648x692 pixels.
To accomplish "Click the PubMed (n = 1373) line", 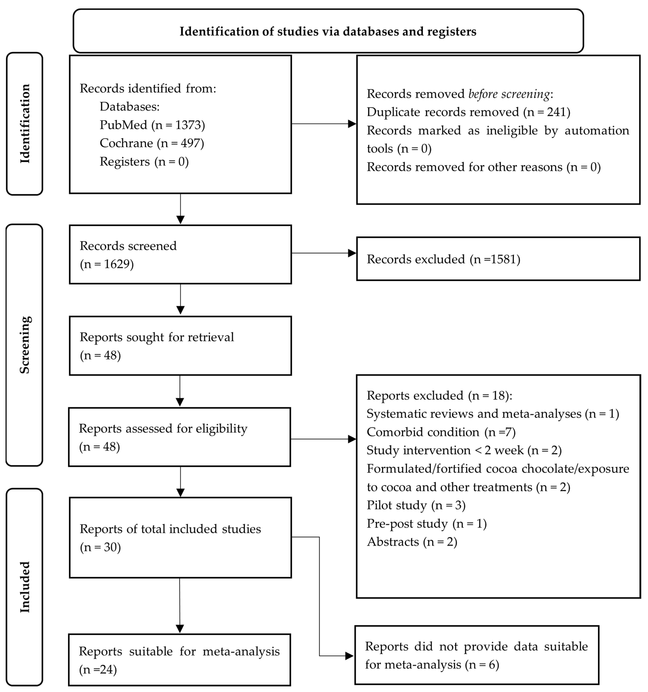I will (152, 125).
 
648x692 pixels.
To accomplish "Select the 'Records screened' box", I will (180, 254).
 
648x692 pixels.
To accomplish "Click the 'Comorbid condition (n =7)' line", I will (441, 432).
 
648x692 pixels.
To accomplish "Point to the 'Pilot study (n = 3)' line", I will (416, 505).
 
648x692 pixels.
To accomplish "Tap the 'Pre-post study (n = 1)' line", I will (426, 524).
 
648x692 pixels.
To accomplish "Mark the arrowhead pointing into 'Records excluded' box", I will (352, 253).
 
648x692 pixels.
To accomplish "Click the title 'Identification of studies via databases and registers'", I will (328, 31).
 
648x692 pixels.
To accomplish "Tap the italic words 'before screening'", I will (509, 94).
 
